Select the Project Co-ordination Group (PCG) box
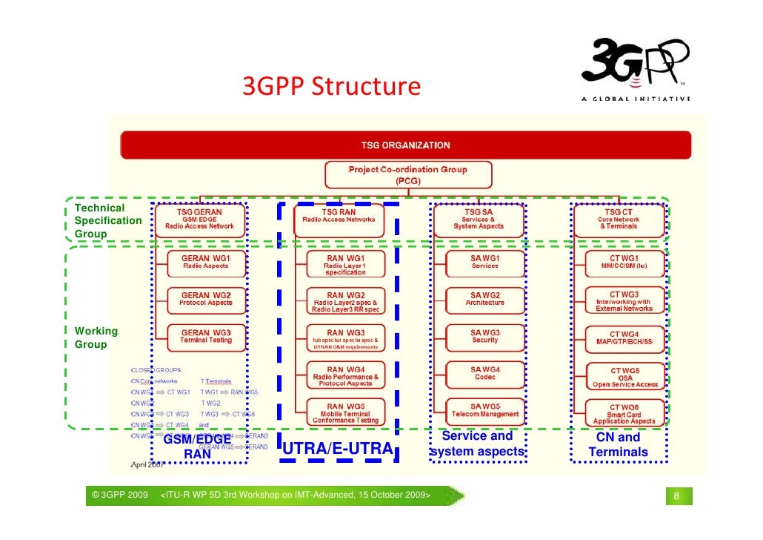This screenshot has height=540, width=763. [407, 174]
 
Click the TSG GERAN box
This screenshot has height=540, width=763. [199, 220]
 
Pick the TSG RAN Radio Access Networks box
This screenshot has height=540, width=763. [339, 220]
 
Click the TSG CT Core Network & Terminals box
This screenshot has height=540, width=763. [618, 220]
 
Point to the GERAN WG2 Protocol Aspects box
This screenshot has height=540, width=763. [205, 299]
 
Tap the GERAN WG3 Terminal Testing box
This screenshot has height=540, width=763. [205, 336]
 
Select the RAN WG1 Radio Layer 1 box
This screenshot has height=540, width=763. [344, 265]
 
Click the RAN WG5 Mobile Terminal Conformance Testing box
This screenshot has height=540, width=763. [344, 412]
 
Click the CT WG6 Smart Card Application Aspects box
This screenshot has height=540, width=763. [624, 414]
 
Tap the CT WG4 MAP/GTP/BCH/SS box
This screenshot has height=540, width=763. [624, 337]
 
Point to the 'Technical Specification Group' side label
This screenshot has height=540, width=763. [107, 220]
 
